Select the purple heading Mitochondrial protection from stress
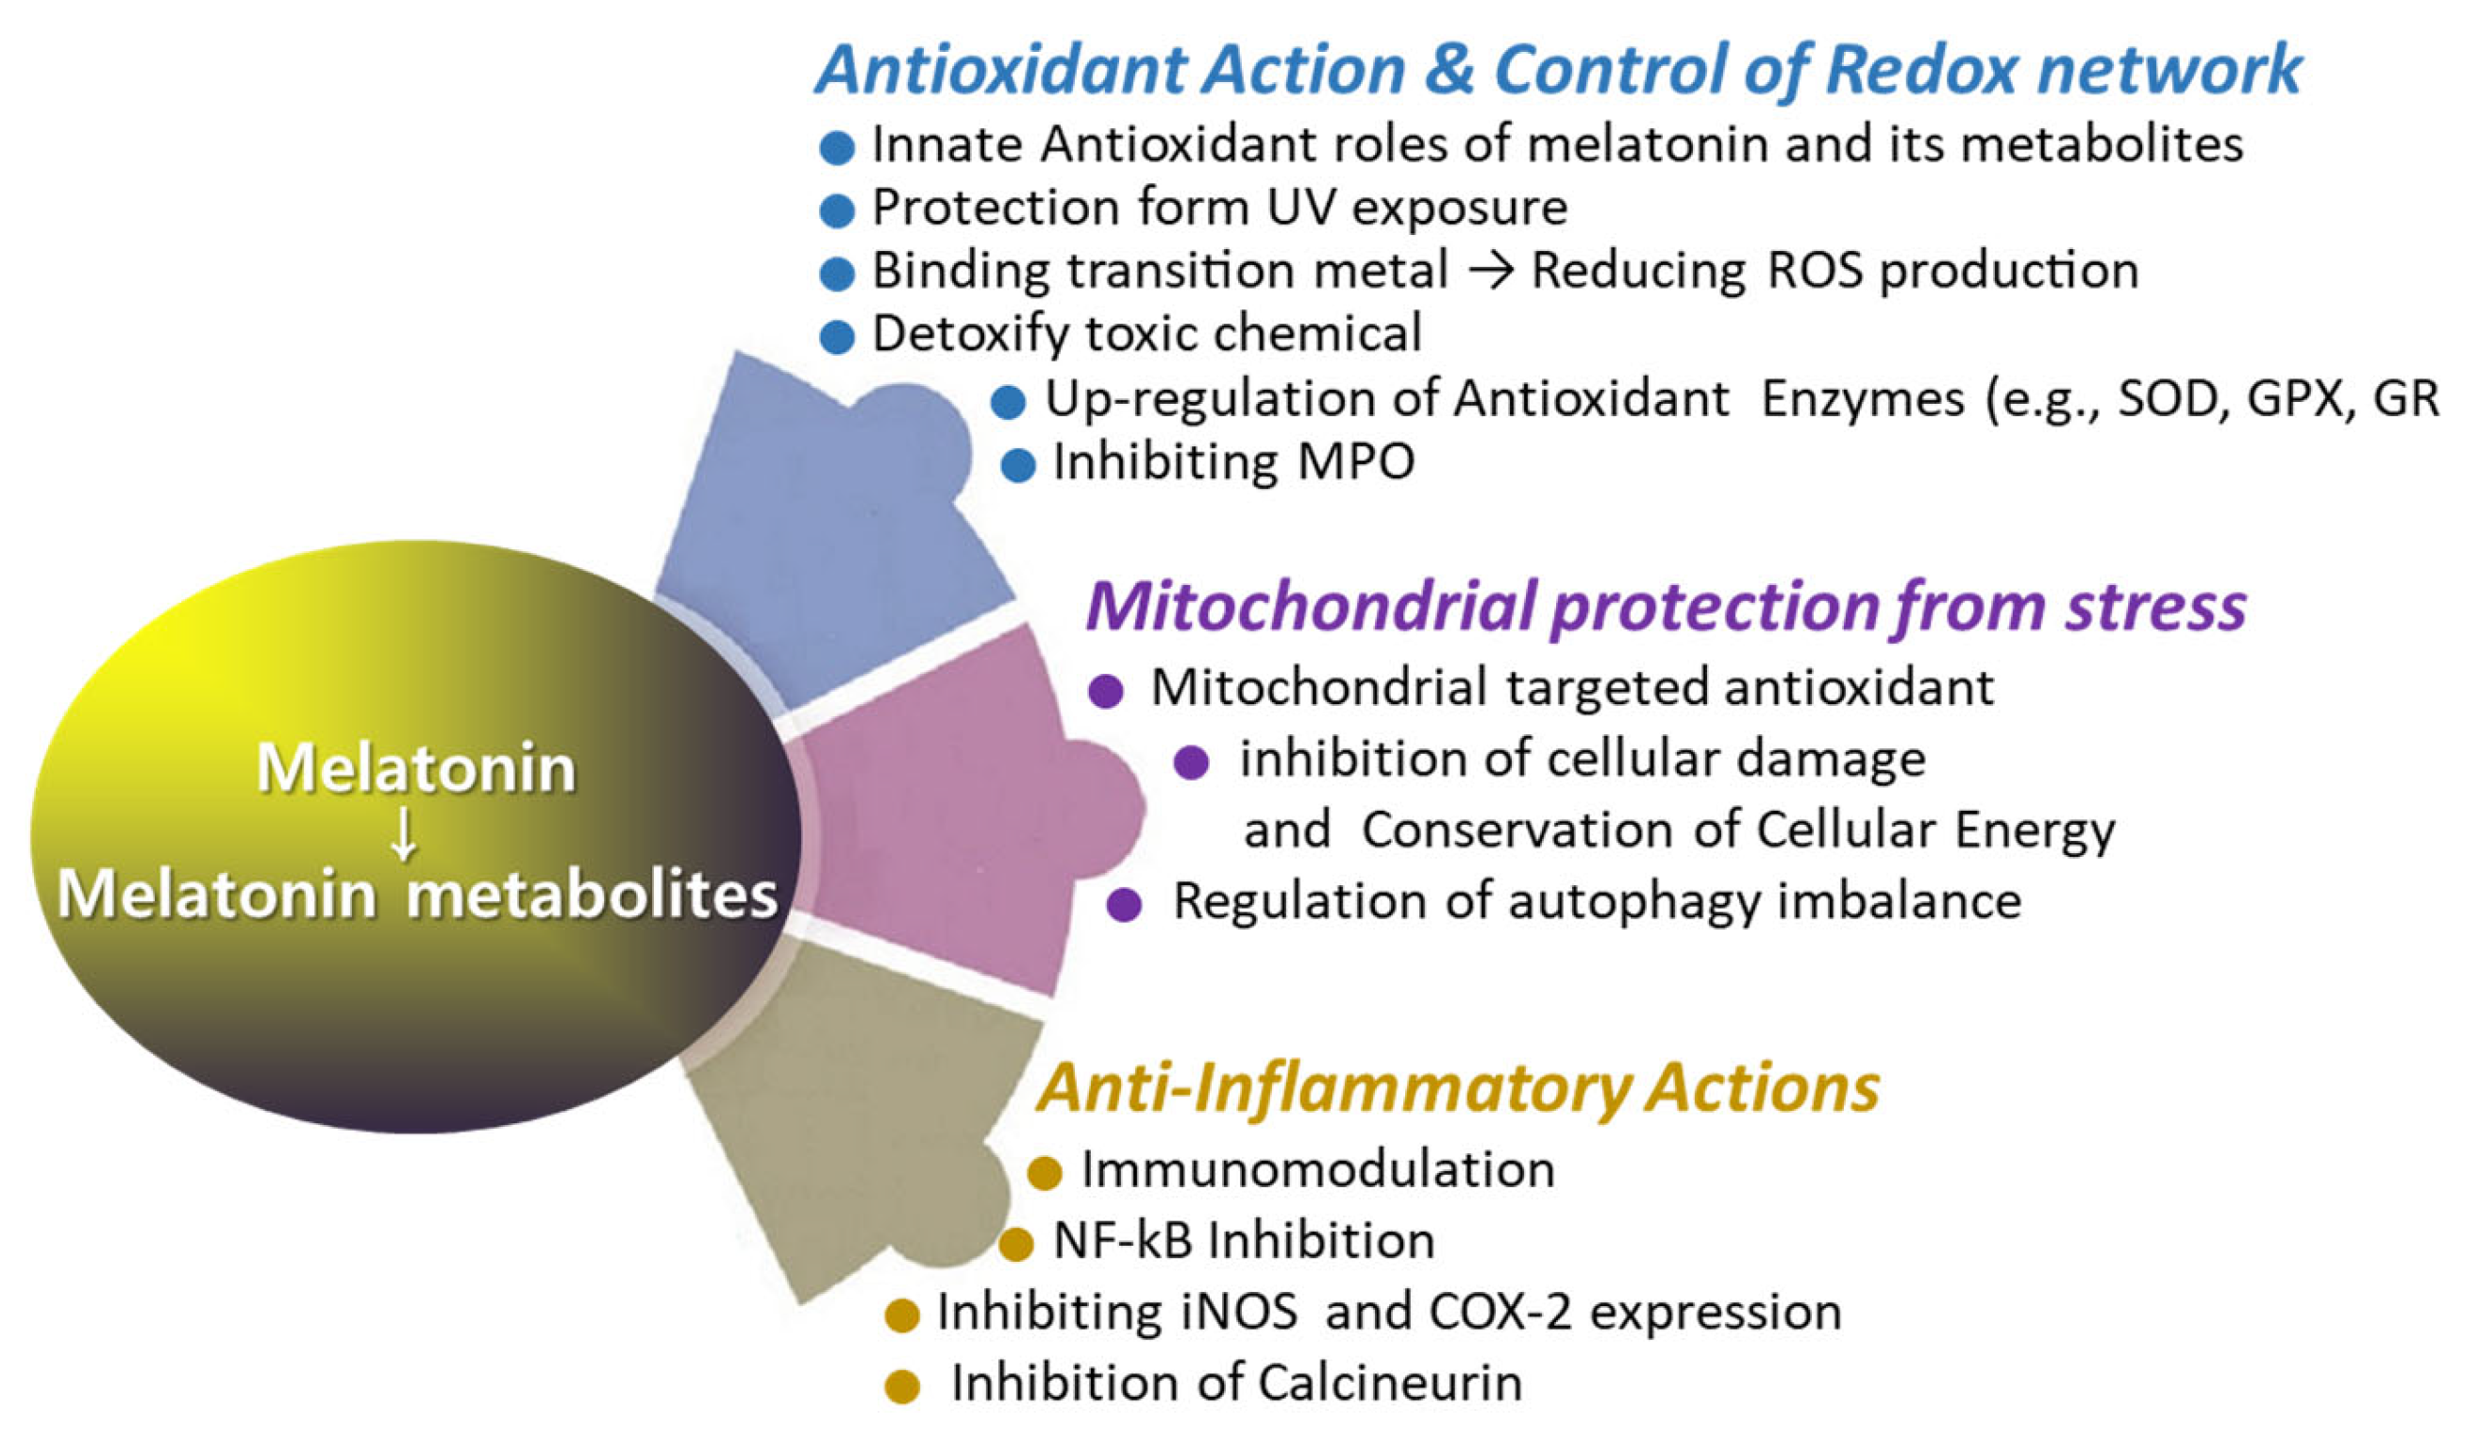1665,607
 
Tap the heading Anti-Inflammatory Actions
1458,1089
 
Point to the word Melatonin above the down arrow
416,768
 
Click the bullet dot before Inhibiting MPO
1018,465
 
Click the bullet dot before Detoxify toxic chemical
836,338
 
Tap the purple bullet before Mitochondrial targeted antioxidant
1106,692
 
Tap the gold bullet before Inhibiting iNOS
902,1316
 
